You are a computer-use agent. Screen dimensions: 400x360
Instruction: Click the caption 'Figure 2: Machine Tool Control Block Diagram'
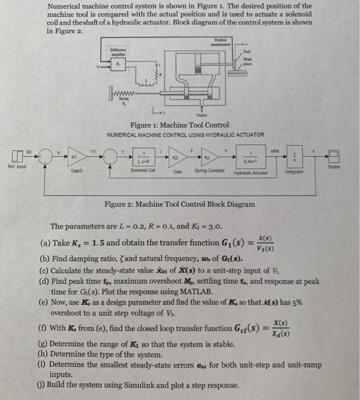(x=179, y=204)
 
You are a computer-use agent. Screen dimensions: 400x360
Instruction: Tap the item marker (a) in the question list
(x=43, y=243)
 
